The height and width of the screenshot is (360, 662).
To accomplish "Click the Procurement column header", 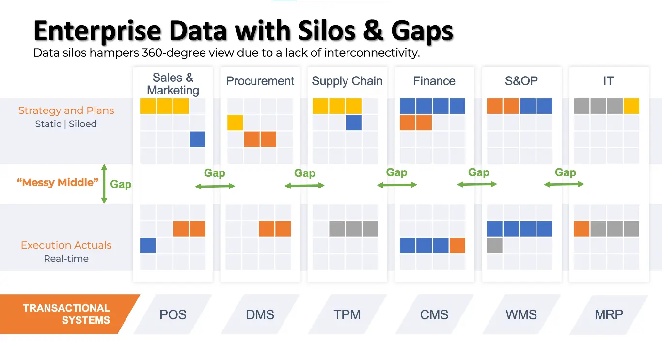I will point(260,81).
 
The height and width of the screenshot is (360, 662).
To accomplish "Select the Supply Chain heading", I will point(347,81).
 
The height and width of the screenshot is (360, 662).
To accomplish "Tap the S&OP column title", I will point(521,81).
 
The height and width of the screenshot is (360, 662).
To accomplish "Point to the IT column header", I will point(608,81).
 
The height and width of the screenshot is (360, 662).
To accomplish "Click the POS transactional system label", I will point(173,314).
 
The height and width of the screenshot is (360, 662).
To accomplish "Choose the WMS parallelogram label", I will point(521,314).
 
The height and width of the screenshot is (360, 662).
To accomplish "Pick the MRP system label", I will point(609,314).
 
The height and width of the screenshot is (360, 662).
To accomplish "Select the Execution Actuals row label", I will point(66,245).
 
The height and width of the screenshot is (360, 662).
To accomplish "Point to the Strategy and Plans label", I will point(66,110).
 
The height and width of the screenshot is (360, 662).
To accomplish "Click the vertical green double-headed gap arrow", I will point(104,184).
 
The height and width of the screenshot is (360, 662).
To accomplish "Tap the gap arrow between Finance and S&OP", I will point(477,184).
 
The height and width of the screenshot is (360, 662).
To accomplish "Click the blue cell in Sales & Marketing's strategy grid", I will point(198,139).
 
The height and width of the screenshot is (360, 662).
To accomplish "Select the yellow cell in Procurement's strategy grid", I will point(235,123).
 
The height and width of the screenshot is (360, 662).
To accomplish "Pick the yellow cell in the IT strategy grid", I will point(631,106).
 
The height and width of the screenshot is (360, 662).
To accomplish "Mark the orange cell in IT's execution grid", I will point(582,229).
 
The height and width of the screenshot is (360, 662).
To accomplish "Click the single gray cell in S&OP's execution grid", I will point(495,246).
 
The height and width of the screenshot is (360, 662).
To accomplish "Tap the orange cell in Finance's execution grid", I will point(457,246).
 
